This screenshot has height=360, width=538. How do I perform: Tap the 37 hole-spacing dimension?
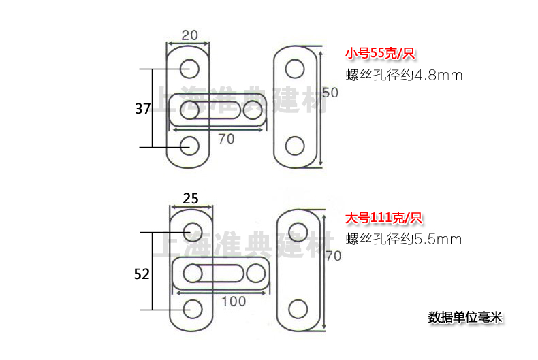[142, 108]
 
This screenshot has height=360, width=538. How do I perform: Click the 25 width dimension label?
[191, 199]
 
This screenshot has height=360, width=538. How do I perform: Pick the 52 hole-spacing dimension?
[142, 274]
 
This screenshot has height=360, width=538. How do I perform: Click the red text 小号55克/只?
[380, 53]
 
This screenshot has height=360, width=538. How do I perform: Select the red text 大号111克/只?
[383, 218]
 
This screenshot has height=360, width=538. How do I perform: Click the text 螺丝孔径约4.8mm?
[404, 75]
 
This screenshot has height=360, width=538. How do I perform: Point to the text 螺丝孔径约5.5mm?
[404, 239]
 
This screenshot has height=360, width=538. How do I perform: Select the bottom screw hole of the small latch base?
[190, 145]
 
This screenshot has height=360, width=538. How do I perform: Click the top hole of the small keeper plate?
[295, 68]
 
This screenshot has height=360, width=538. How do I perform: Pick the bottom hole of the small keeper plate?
[295, 145]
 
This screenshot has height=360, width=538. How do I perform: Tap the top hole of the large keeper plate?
[298, 232]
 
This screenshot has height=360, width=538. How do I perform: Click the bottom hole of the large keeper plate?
[298, 309]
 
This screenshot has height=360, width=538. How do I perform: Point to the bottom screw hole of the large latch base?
[192, 309]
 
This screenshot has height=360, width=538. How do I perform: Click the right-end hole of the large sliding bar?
[256, 273]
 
